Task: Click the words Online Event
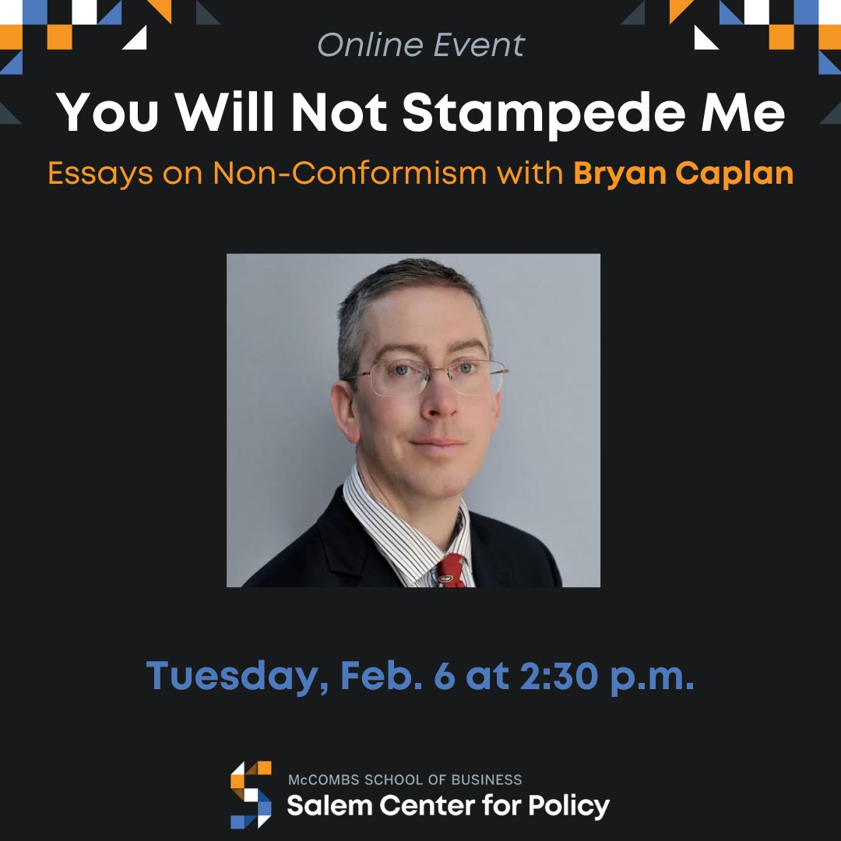421,45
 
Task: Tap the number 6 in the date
444,675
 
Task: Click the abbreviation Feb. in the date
378,675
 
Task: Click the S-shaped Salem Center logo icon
251,794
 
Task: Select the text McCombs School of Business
405,779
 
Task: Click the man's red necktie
452,571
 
